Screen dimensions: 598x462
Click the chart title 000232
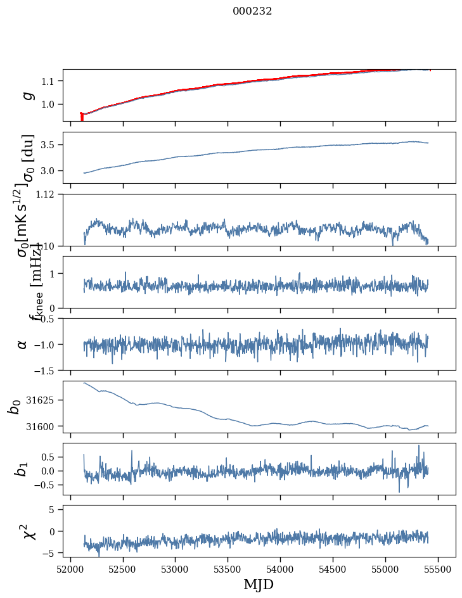(x=252, y=11)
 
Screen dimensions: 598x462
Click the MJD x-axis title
(x=259, y=584)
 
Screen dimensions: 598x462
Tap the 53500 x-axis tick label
(x=228, y=568)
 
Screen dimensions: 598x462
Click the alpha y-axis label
(x=22, y=344)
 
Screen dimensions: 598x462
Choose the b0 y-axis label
(x=14, y=407)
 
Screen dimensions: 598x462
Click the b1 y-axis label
(x=22, y=469)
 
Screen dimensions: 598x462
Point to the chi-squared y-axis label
(x=28, y=531)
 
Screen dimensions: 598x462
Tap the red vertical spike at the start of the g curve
(x=82, y=117)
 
